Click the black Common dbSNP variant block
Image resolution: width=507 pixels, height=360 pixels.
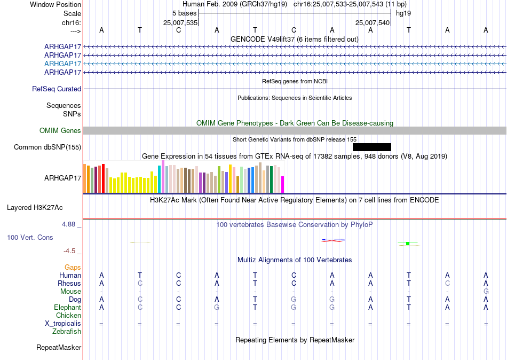click(372, 147)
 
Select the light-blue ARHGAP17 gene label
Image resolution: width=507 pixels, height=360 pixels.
click(63, 64)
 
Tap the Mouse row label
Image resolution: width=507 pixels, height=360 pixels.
click(70, 292)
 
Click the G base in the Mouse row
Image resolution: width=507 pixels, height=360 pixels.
click(486, 292)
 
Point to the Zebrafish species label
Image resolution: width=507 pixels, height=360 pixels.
click(67, 332)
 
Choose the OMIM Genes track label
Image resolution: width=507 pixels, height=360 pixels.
click(60, 130)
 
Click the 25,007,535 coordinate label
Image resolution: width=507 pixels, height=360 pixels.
click(180, 22)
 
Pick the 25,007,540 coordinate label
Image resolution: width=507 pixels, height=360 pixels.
click(372, 22)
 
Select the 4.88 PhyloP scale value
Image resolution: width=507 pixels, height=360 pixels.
click(68, 224)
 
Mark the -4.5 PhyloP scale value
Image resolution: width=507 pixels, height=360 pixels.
click(69, 251)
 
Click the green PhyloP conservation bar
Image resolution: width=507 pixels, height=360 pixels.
click(408, 244)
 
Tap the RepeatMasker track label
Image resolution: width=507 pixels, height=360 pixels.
click(59, 347)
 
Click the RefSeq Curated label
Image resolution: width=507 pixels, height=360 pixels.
click(57, 89)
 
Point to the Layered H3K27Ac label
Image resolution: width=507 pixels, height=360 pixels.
click(35, 208)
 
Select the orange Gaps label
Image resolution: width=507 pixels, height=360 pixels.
click(73, 268)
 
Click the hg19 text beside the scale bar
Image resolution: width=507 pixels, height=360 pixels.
click(403, 13)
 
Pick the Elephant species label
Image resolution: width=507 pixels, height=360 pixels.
click(68, 308)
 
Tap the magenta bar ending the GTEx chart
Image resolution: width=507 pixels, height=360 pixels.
click(283, 184)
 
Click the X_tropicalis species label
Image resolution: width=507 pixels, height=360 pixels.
click(63, 324)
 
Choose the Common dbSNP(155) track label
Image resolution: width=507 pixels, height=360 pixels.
click(47, 147)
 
